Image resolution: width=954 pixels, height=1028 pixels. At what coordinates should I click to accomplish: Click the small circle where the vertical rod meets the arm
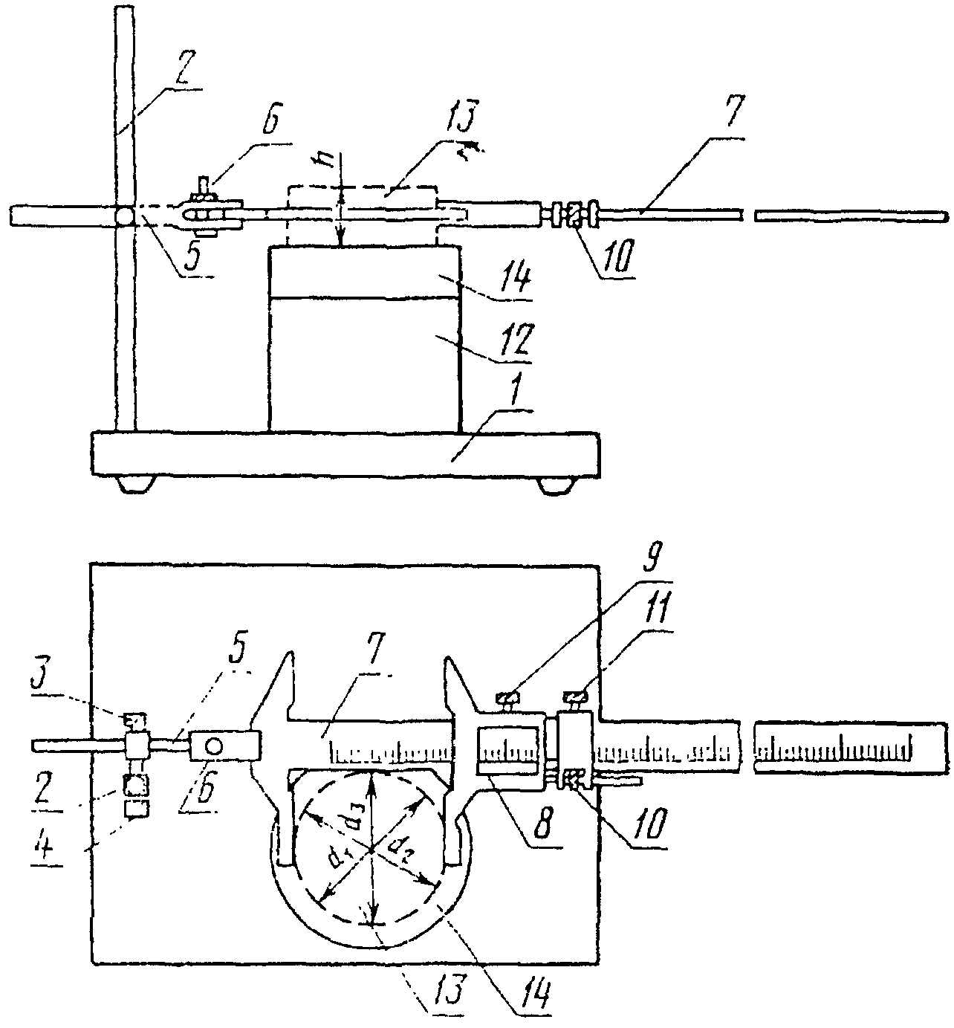coord(124,216)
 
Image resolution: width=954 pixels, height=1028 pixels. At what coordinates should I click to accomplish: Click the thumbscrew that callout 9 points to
coord(509,698)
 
